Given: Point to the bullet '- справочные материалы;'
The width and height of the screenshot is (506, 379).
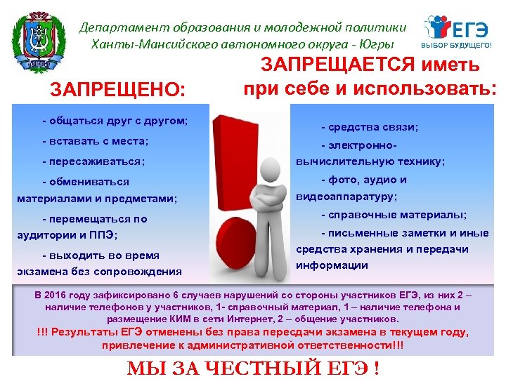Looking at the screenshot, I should click(x=384, y=214).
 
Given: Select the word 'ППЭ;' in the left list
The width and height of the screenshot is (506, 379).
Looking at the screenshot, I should click(x=105, y=234).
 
